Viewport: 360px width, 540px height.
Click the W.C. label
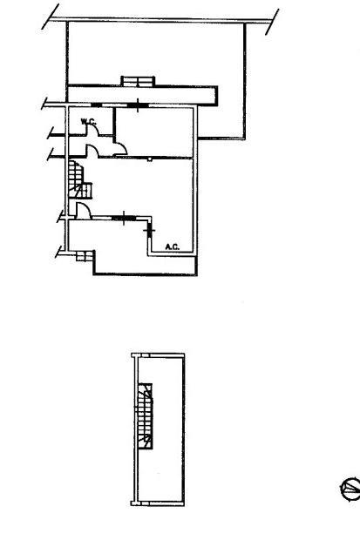[88, 122]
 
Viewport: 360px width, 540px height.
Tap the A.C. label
[173, 246]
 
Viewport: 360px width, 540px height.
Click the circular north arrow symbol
[350, 488]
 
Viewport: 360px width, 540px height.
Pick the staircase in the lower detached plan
[146, 416]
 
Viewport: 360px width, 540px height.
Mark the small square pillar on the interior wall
[149, 159]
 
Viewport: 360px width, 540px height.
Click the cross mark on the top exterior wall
[138, 105]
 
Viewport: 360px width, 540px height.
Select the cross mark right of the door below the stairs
[124, 218]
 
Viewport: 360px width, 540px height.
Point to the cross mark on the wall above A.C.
[149, 230]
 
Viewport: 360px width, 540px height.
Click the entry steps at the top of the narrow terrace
[138, 81]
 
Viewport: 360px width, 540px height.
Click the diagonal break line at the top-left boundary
[51, 17]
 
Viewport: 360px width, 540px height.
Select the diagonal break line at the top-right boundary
[272, 22]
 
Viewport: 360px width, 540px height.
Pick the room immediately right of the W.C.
[153, 132]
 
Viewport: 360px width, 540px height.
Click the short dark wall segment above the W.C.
[97, 105]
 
